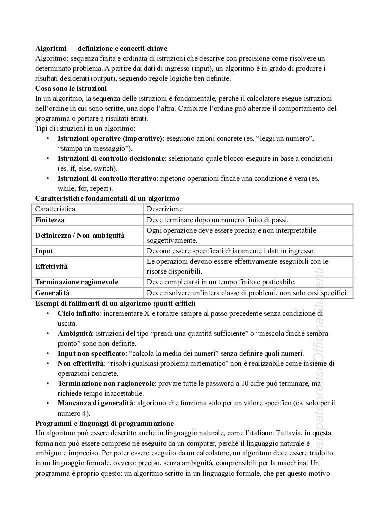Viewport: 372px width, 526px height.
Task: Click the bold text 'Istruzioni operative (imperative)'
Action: [x=110, y=138]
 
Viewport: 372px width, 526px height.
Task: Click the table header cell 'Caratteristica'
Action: [x=55, y=209]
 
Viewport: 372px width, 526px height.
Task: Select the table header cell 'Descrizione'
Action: [x=165, y=209]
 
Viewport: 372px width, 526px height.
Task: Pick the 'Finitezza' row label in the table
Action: [x=50, y=220]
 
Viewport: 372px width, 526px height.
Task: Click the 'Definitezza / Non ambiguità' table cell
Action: [x=80, y=235]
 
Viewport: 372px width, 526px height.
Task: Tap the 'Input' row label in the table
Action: [x=44, y=251]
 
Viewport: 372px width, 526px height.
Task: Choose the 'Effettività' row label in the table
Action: [x=52, y=266]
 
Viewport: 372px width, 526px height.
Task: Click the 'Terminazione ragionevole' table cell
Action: [x=77, y=282]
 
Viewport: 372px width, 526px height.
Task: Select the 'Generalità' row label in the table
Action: [x=53, y=293]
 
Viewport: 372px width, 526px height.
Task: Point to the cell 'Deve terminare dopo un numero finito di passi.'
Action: [x=217, y=220]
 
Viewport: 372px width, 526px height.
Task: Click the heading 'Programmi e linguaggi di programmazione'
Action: [x=104, y=423]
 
